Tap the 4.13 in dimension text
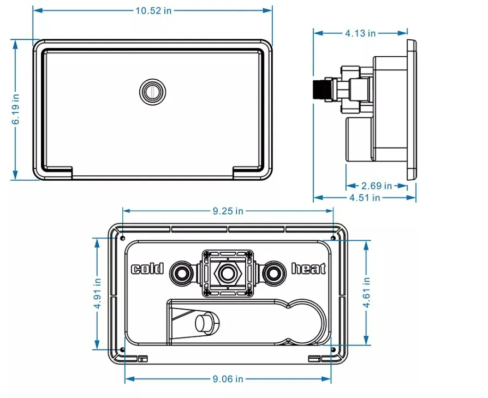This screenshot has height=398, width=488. coord(360,33)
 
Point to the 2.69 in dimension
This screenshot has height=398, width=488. coord(376,186)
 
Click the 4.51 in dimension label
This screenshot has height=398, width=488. coord(365,198)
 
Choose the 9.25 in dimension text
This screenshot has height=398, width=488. coord(228,211)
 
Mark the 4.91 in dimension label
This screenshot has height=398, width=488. coord(98,294)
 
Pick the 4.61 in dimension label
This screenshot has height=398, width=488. coord(366,292)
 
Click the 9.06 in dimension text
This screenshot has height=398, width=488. coord(228,379)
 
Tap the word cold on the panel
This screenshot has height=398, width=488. coord(147,269)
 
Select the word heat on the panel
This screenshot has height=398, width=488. coord(308,269)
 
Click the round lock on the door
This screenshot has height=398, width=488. coord(152,91)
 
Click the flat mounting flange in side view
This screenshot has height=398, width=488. coord(411,109)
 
